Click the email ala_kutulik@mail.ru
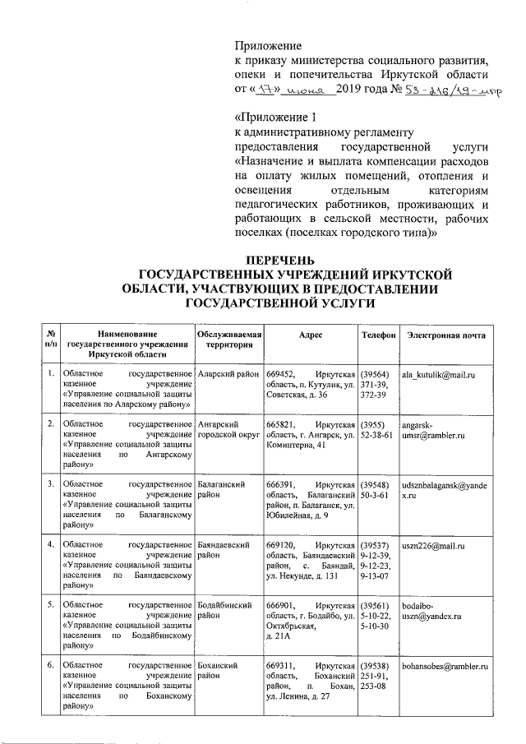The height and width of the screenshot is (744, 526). tap(439, 375)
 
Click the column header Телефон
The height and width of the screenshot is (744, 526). tap(379, 335)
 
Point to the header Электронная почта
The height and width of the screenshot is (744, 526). tap(445, 335)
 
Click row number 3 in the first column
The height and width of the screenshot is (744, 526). tap(51, 486)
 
